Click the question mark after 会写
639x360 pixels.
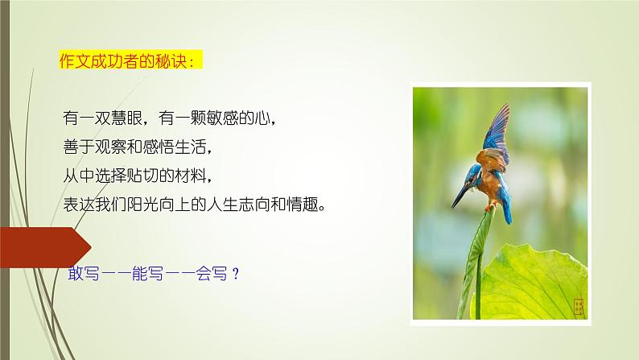tap(235, 273)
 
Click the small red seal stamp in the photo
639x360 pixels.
tap(577, 306)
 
